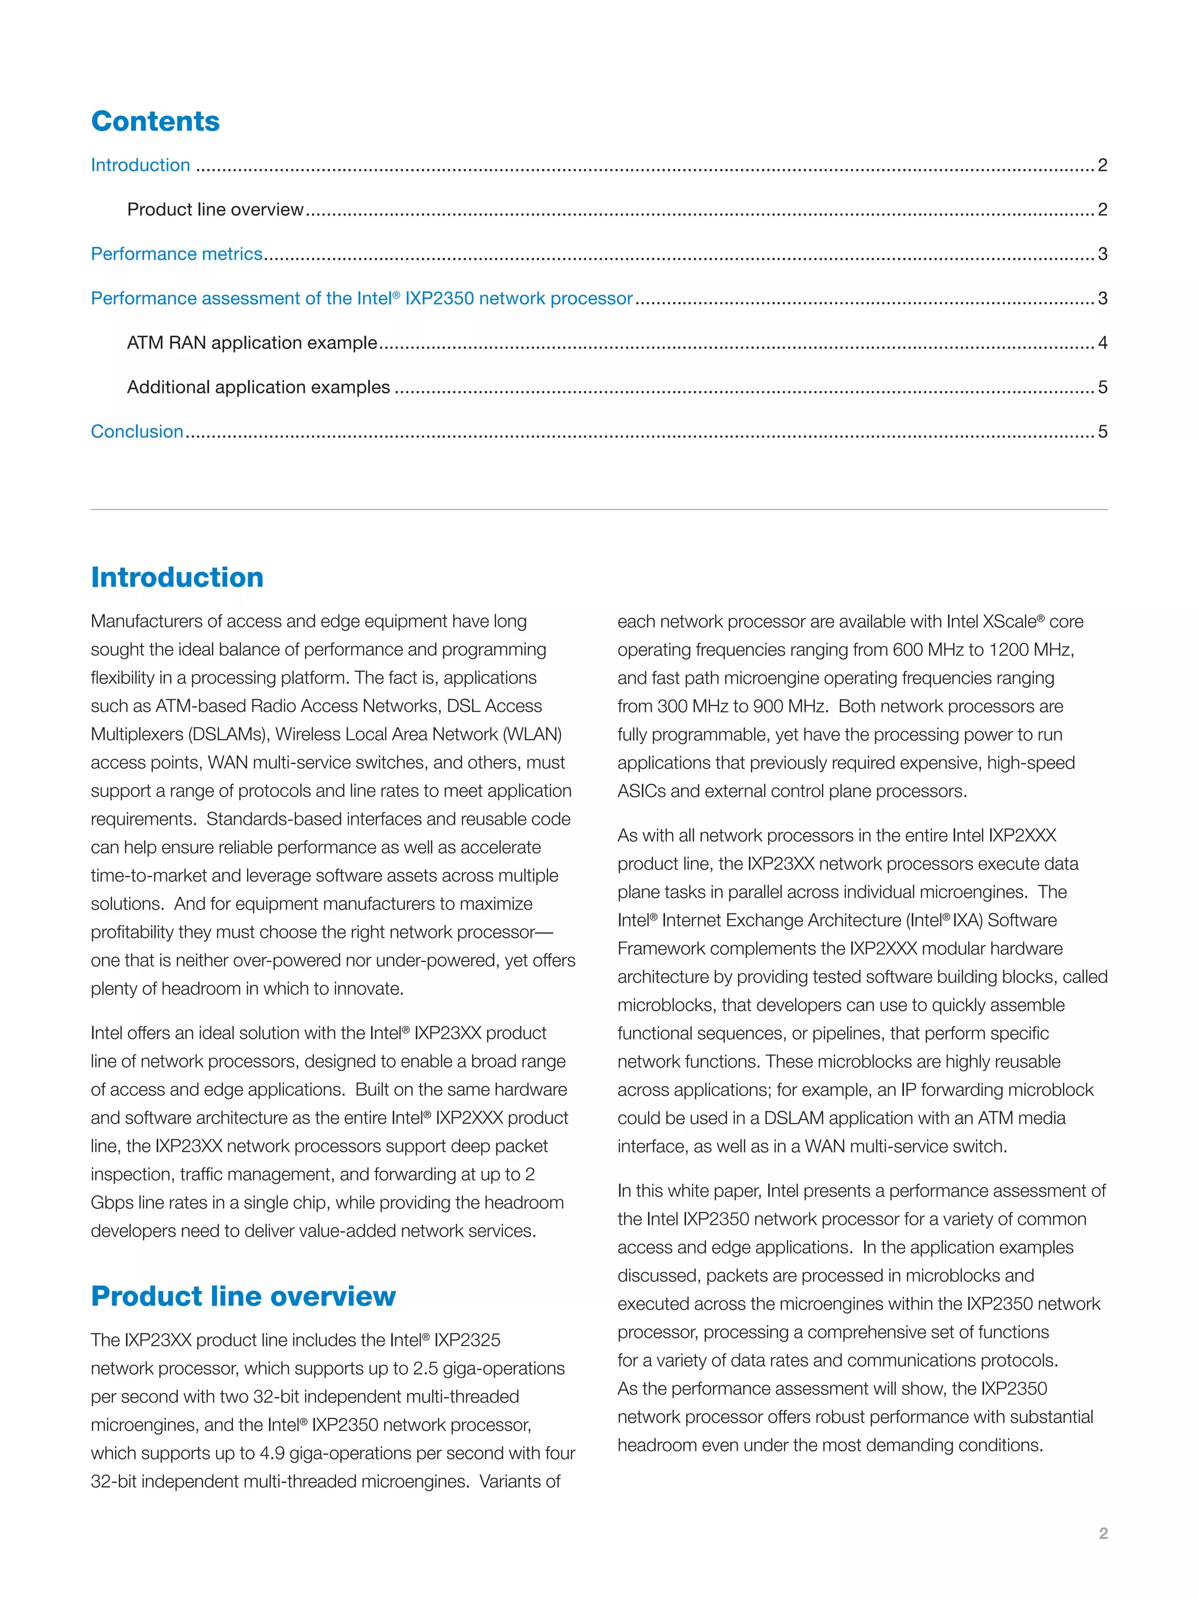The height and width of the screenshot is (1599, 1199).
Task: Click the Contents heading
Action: [155, 121]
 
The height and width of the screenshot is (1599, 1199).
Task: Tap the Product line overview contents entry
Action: [215, 210]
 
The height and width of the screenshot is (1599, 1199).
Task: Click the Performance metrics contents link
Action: [176, 254]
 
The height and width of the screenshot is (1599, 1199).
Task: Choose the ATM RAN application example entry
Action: [252, 343]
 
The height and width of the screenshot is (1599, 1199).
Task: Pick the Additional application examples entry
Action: [258, 388]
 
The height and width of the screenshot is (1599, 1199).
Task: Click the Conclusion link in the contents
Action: [136, 432]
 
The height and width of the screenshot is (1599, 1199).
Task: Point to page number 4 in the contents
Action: [1102, 343]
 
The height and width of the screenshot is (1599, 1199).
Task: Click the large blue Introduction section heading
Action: [177, 577]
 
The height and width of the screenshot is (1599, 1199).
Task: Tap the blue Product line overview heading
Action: [243, 1296]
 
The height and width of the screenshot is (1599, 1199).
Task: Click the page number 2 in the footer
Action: [1103, 1533]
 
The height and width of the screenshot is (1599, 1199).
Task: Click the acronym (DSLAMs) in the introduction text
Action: [228, 734]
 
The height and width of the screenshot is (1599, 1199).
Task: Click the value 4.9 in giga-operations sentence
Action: [272, 1454]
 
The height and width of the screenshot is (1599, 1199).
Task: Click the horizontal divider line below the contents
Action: [598, 509]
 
